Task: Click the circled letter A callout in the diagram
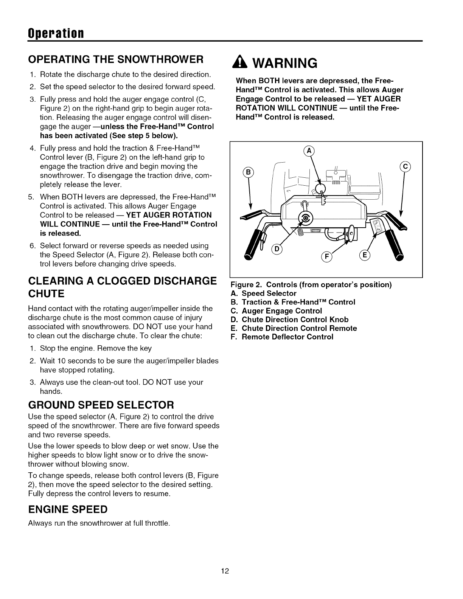309,151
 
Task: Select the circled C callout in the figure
405,167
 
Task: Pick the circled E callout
365,255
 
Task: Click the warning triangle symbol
241,62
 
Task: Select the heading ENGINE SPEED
68,509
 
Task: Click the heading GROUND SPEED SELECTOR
101,405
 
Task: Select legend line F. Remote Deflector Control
282,337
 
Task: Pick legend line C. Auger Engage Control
277,311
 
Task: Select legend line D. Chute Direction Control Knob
290,320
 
